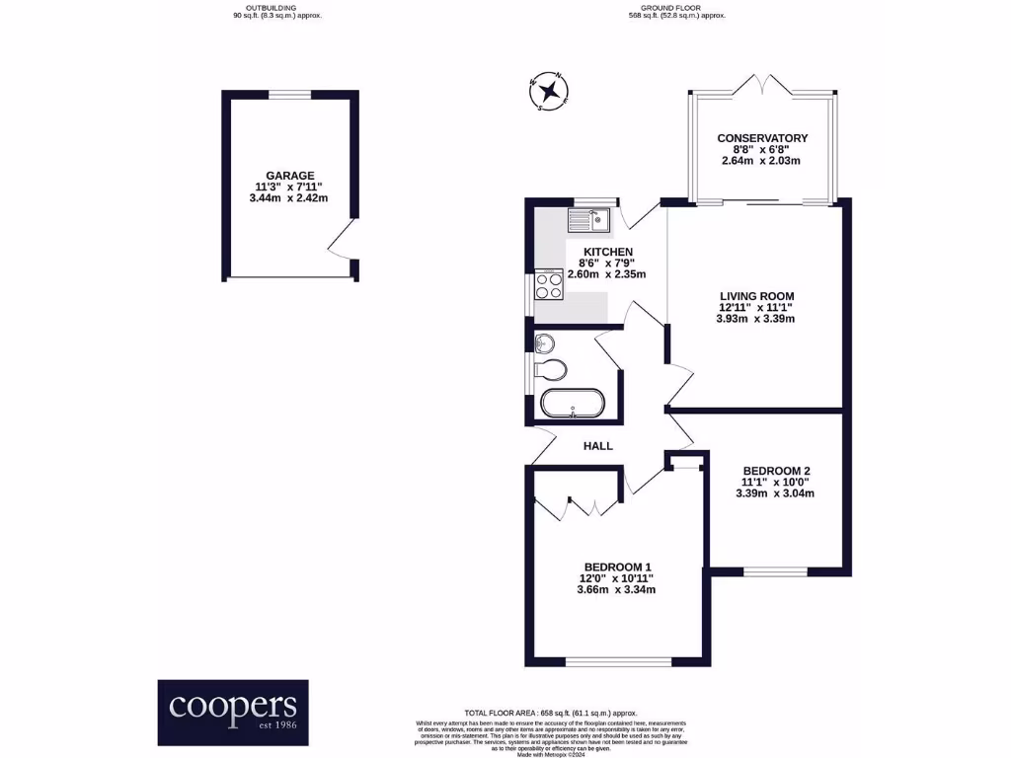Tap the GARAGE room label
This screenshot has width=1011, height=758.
[x=289, y=175]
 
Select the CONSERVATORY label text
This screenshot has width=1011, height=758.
[x=762, y=138]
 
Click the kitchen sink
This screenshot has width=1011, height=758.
[x=591, y=218]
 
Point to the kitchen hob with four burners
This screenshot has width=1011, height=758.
[x=548, y=285]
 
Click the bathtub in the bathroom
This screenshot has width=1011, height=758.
[x=573, y=405]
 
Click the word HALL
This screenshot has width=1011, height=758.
[x=598, y=446]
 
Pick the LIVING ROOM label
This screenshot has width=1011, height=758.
[x=756, y=295]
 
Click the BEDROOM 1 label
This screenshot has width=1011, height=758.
[x=616, y=567]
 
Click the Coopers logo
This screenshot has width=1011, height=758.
[x=233, y=712]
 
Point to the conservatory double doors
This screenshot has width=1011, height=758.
[x=762, y=86]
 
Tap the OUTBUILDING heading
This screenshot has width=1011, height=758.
[x=270, y=8]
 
